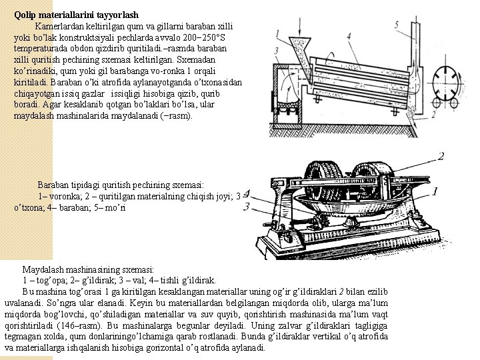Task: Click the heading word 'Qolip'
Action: click(x=25, y=14)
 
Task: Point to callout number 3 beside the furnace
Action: click(x=276, y=51)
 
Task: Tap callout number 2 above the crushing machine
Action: click(x=441, y=157)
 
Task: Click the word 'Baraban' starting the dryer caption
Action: click(x=55, y=184)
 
